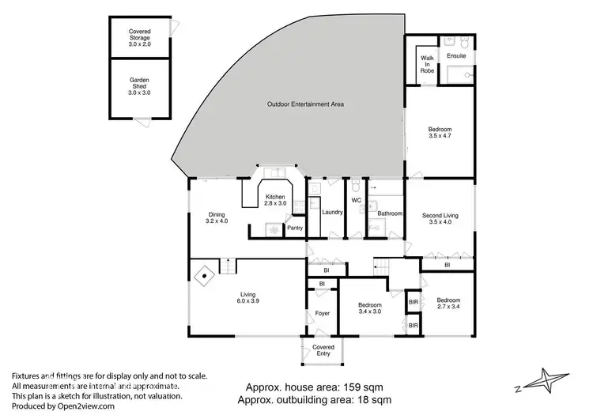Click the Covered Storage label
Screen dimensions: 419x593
(x=139, y=36)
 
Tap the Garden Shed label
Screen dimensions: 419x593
(x=139, y=86)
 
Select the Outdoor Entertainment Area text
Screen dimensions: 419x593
(x=305, y=104)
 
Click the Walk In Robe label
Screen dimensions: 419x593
(x=427, y=64)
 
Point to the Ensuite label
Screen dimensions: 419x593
(x=457, y=56)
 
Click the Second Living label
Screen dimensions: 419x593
(x=440, y=219)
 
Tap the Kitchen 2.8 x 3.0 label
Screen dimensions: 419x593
(x=275, y=200)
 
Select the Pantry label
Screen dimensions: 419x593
(x=294, y=228)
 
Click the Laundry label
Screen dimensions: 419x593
(x=332, y=211)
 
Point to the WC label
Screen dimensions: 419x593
(x=356, y=200)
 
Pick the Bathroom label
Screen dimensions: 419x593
(x=389, y=213)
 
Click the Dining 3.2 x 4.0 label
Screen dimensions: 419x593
(x=216, y=217)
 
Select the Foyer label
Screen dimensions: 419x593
(x=322, y=313)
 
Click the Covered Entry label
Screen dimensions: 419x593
(x=323, y=350)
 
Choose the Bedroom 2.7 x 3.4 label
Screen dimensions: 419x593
(x=448, y=304)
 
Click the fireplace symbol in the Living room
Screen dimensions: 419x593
(x=205, y=277)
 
